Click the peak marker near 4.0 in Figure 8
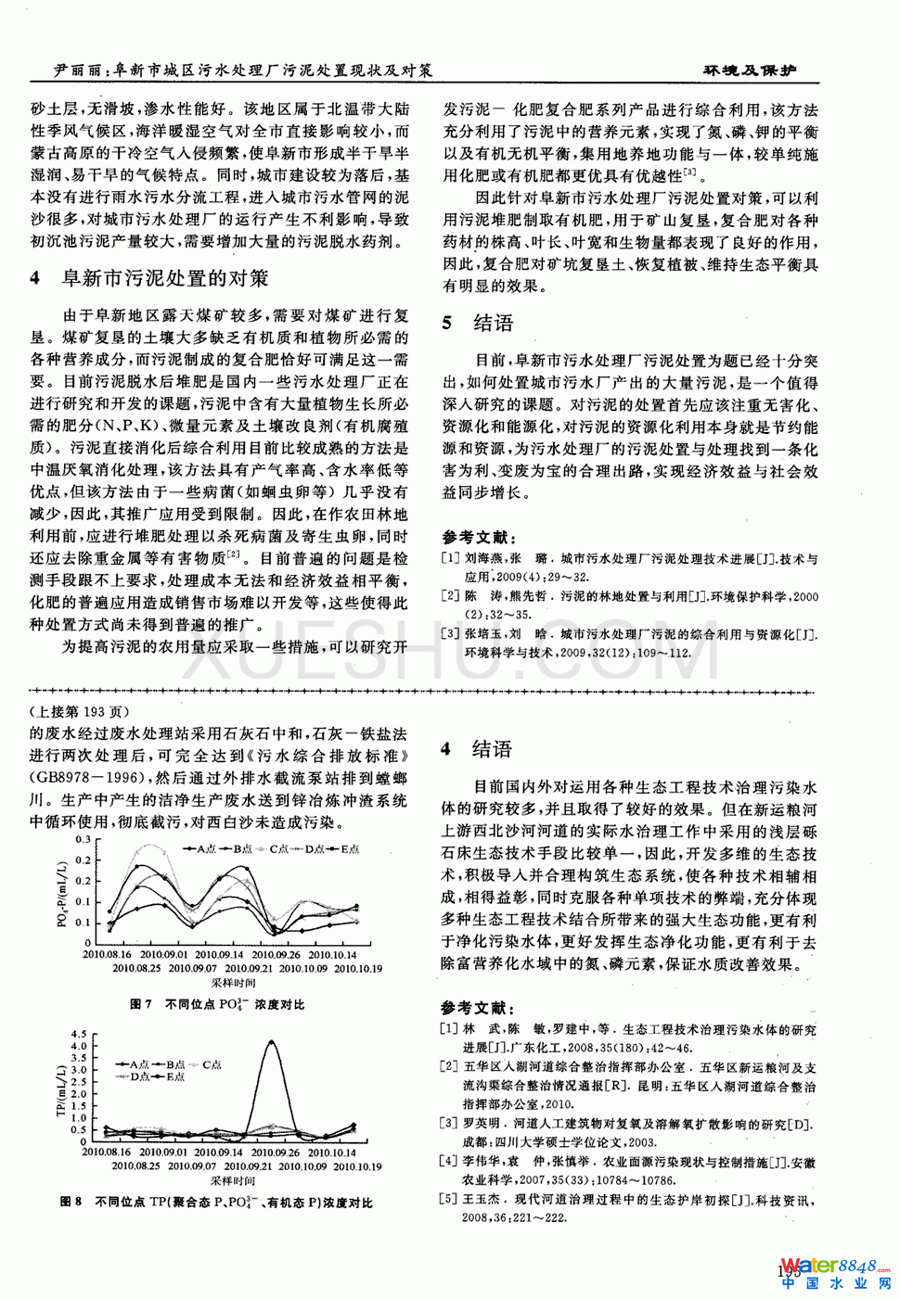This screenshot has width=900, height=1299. click(x=270, y=1042)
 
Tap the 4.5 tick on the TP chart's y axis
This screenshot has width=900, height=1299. click(x=79, y=1034)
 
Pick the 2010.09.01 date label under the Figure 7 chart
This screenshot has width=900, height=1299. click(x=163, y=954)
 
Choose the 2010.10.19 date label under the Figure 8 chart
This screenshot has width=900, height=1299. click(x=357, y=1166)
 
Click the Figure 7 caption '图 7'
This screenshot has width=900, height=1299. click(x=141, y=1004)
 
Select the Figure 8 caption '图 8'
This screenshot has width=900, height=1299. click(x=71, y=1202)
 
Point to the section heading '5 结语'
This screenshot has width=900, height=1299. click(x=478, y=323)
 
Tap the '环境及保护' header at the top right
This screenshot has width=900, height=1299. click(x=748, y=70)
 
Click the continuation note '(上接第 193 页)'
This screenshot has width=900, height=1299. click(x=81, y=712)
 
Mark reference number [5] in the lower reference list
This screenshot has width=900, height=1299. click(x=450, y=1199)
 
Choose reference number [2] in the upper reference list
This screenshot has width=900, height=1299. click(x=450, y=596)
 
